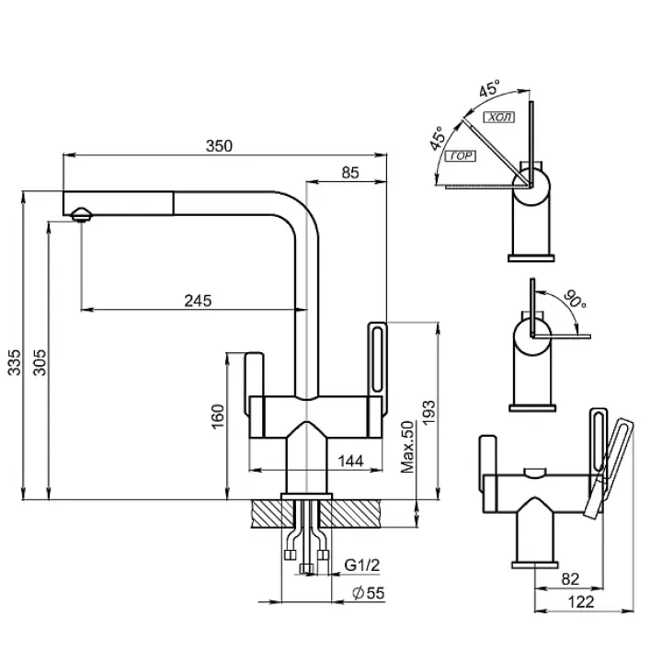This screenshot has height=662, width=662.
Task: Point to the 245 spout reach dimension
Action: (199, 300)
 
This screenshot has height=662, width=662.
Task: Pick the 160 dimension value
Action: (217, 417)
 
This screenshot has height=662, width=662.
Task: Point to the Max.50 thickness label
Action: (409, 448)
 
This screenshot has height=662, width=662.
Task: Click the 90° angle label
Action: (575, 299)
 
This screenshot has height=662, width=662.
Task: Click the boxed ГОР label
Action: (462, 156)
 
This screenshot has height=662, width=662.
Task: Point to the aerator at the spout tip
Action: (80, 214)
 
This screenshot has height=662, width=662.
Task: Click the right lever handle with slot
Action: (377, 363)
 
